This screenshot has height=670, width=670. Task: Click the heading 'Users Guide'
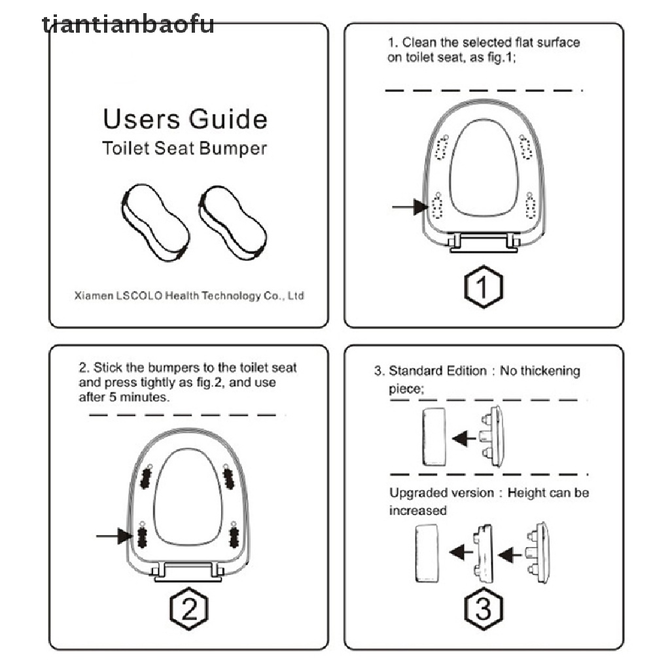point(185,120)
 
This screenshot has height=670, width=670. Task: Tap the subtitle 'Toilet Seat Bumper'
point(185,149)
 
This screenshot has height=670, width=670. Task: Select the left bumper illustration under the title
point(155,222)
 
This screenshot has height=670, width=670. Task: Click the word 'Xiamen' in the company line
point(94,296)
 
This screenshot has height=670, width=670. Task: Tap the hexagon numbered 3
point(484,610)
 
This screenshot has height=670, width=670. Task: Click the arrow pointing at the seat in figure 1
point(410,207)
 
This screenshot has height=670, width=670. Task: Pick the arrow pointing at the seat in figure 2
point(114,537)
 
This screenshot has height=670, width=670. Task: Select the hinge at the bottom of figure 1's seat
point(484,243)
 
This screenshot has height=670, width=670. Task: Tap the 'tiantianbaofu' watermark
point(128,24)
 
